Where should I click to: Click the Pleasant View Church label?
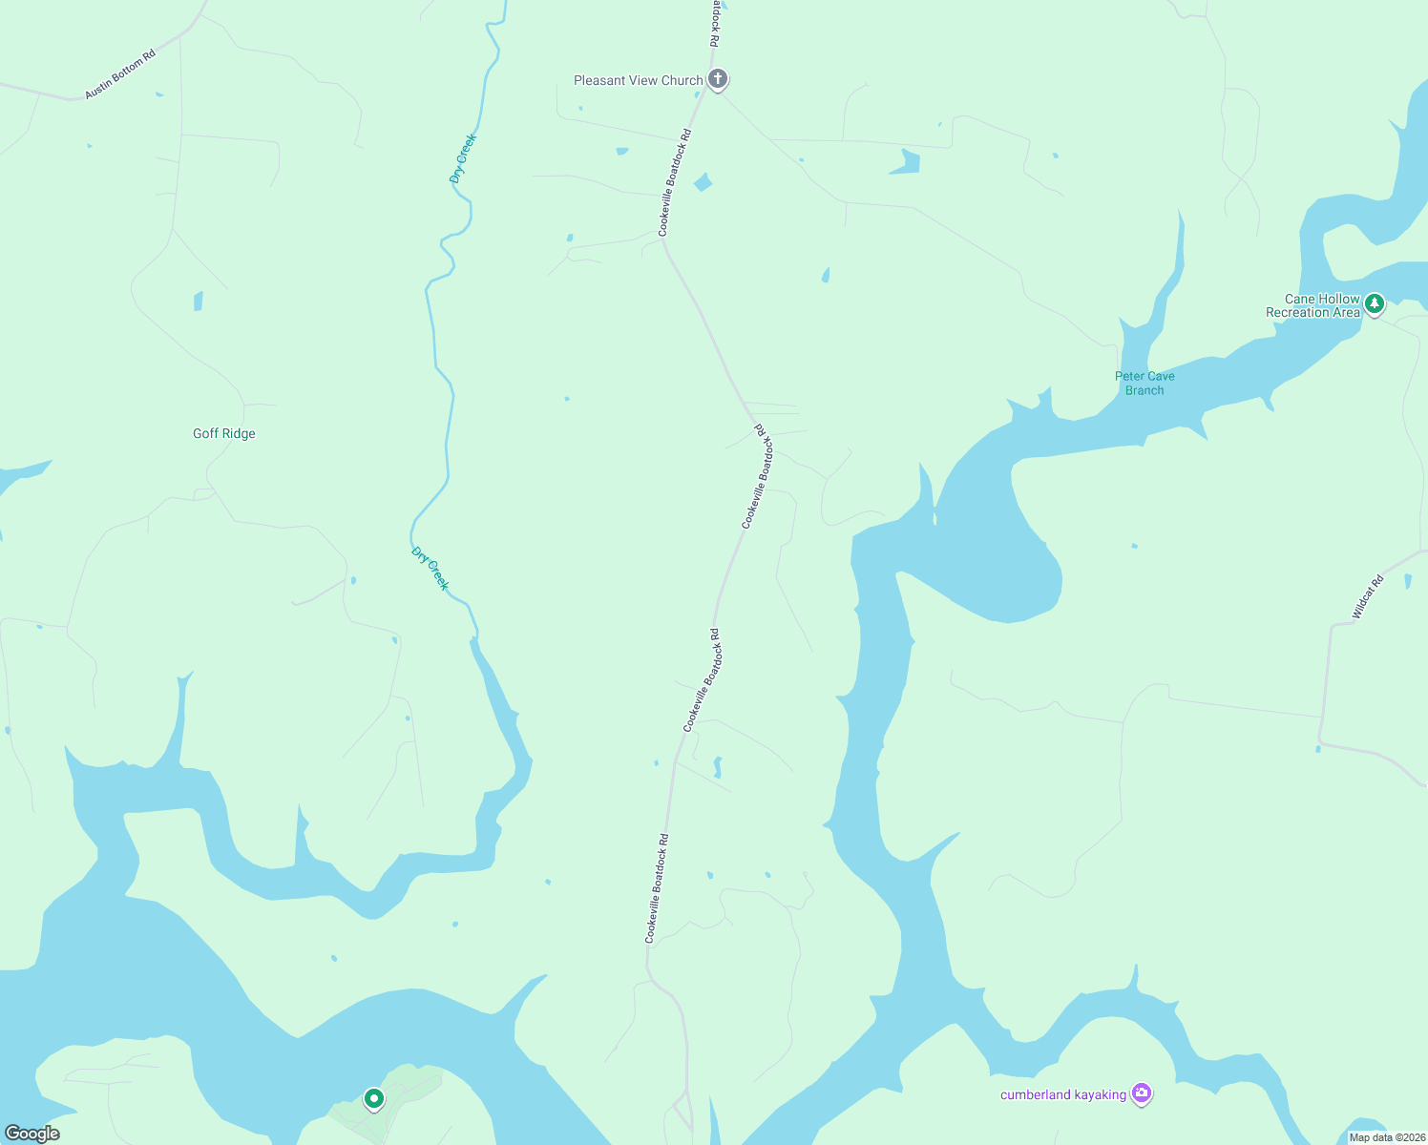(638, 81)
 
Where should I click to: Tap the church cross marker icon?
(718, 79)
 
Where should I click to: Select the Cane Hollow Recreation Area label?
(1312, 305)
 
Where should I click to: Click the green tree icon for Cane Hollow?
(1374, 303)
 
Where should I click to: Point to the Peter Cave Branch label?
(1144, 383)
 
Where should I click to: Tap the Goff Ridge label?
(224, 433)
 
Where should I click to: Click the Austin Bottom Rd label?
(119, 74)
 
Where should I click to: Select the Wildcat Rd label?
(1368, 597)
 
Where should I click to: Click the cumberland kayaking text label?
(1063, 1094)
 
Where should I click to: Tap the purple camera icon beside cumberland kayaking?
(1141, 1093)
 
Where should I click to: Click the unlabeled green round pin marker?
(374, 1099)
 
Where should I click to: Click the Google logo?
(32, 1134)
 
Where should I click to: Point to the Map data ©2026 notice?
(1386, 1137)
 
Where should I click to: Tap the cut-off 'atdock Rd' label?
(715, 23)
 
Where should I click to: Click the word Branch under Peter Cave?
(1144, 390)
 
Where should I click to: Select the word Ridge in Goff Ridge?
(239, 433)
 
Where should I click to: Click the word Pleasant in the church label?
(599, 81)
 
